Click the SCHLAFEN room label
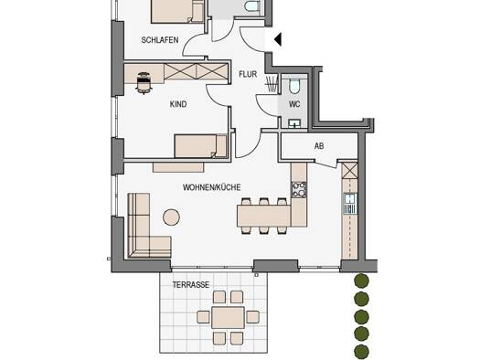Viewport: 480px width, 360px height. [x=160, y=40]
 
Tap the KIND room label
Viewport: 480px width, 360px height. [x=178, y=104]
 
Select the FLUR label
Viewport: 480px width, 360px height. [x=248, y=74]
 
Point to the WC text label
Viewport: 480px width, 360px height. [x=294, y=104]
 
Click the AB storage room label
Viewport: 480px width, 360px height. [x=319, y=146]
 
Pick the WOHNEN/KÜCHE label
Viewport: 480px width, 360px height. [x=212, y=187]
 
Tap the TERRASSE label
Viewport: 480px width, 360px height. [x=191, y=285]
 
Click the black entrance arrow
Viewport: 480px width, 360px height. [x=278, y=40]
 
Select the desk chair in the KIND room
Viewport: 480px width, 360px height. [x=144, y=83]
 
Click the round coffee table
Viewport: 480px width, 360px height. [x=172, y=217]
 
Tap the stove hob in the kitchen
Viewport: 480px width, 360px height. [x=298, y=190]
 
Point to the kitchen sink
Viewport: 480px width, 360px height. [x=350, y=203]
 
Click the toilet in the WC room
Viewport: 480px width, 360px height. [x=294, y=86]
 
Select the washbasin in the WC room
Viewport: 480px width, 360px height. [x=294, y=123]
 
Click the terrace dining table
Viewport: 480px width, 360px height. [x=228, y=317]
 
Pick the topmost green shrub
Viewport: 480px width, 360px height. [x=361, y=281]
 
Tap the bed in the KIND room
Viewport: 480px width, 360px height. [x=201, y=146]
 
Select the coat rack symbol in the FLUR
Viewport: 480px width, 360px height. [x=271, y=83]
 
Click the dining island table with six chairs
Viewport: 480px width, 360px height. [x=263, y=216]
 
